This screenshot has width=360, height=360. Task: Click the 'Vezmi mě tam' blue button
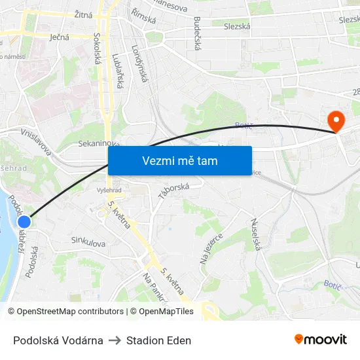click(x=180, y=160)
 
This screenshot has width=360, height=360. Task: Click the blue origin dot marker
click(x=24, y=223)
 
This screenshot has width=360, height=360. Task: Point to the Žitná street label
click(x=83, y=14)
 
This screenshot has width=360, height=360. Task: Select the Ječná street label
click(x=60, y=37)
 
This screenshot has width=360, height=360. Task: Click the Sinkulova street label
click(x=88, y=243)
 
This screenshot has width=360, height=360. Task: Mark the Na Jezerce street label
click(x=211, y=248)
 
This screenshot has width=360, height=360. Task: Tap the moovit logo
click(x=321, y=339)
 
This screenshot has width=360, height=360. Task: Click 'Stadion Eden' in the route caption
click(x=158, y=340)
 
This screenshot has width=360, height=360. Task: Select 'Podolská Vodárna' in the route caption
click(x=58, y=340)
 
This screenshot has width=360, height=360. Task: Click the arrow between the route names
click(x=115, y=340)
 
